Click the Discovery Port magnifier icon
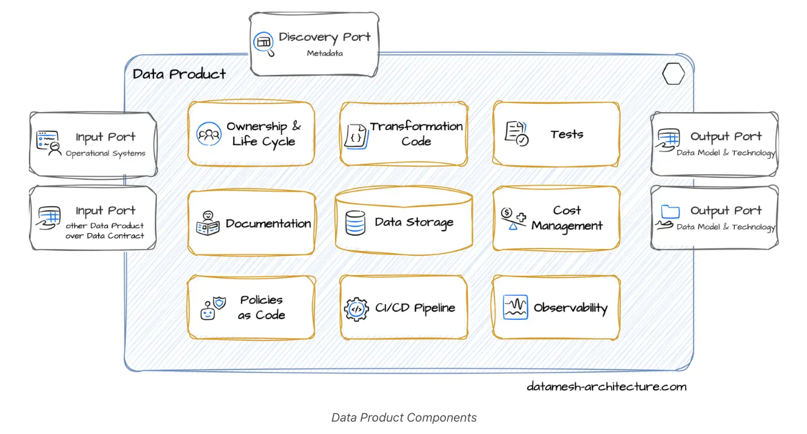click(263, 43)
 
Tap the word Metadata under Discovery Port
click(325, 53)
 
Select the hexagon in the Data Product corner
click(673, 74)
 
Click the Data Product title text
click(179, 74)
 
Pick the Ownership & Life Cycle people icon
click(208, 133)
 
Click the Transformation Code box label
click(416, 134)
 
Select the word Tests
click(567, 134)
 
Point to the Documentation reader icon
click(208, 223)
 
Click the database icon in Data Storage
click(355, 222)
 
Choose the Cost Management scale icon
click(513, 219)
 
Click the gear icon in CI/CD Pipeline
click(356, 308)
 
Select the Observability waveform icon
click(515, 307)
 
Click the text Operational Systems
click(105, 153)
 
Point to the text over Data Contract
click(105, 236)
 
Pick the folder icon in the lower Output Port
click(669, 212)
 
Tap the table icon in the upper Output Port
click(668, 136)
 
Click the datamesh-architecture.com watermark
click(606, 387)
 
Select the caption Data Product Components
click(403, 417)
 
